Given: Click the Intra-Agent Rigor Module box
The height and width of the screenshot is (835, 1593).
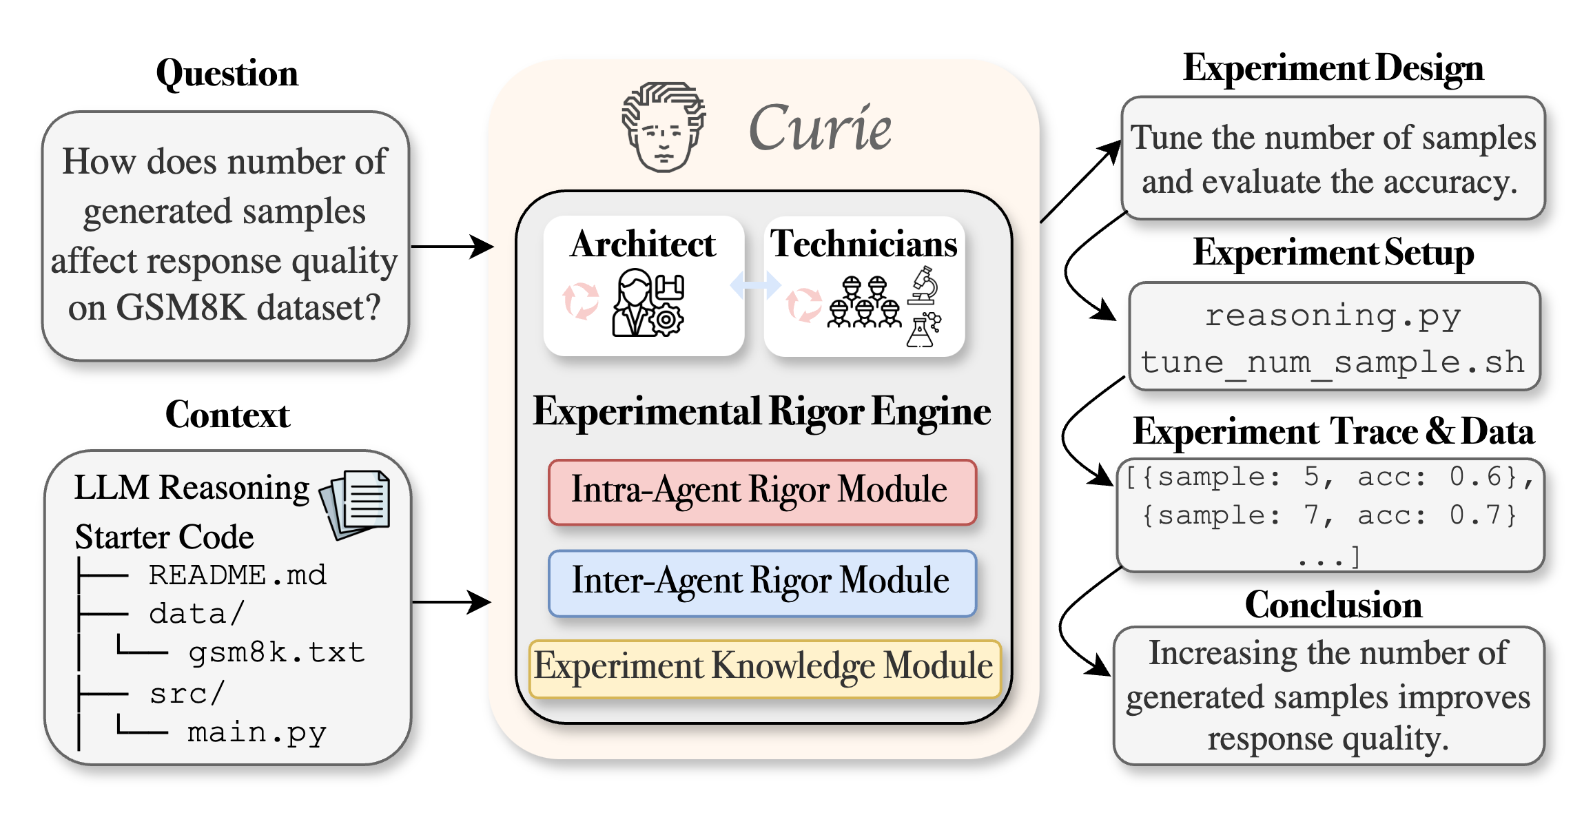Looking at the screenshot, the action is pos(762,492).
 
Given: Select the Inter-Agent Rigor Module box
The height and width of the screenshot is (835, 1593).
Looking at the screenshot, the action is pos(762,583).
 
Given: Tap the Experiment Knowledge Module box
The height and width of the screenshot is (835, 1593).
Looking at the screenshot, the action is pos(765,668).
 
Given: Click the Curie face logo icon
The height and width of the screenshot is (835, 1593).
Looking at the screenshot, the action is pos(663,127).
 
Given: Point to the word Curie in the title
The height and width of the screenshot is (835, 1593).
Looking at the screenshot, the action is pos(820,128).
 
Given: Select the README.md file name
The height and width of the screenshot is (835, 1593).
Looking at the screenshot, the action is pos(238,575).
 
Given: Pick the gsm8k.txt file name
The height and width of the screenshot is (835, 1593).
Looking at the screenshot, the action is pos(276,652).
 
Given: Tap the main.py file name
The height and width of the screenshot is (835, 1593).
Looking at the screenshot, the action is pos(257,732).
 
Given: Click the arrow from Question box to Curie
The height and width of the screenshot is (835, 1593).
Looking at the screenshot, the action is pos(452,246).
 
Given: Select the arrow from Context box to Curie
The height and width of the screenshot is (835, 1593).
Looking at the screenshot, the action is pos(451,601).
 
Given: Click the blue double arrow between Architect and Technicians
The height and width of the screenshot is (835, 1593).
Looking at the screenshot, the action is pos(755,285).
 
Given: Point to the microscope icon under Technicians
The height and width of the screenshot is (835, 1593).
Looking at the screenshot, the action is pos(923,285).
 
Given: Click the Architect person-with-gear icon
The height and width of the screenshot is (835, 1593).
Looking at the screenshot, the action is pos(648,302).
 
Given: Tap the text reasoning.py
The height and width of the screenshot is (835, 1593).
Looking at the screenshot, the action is pos(1333,316).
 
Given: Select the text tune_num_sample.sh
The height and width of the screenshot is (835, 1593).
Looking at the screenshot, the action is pos(1333,362).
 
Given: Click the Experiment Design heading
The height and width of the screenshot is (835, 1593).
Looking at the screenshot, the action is pos(1333,68).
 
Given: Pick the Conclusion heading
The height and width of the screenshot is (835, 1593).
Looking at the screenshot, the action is pos(1333,605).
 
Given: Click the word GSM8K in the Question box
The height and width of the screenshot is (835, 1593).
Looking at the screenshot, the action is pos(181,307).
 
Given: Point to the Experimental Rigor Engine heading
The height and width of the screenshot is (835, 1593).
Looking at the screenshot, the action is pos(762,412).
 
